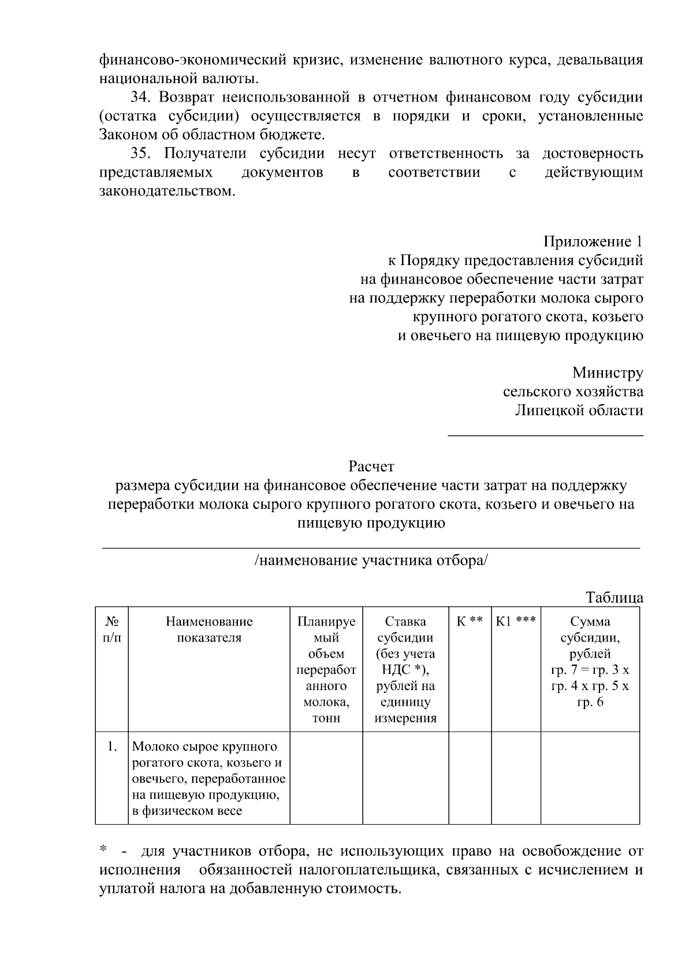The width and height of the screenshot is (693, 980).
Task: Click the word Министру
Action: [608, 373]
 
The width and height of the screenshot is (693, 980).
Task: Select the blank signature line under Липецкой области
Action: [545, 435]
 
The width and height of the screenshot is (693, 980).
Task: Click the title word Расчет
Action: [371, 466]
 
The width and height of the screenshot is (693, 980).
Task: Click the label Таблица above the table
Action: [614, 598]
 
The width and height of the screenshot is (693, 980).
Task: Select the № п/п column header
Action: [112, 630]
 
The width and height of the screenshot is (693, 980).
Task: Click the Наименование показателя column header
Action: [209, 630]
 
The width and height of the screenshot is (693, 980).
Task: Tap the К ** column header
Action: [470, 622]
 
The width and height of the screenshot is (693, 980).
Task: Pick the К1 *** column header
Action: [516, 622]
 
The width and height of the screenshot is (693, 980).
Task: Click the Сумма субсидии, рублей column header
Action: [590, 638]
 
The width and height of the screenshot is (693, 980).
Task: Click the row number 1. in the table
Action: [112, 747]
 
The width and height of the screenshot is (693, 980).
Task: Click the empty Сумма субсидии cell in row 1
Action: [590, 777]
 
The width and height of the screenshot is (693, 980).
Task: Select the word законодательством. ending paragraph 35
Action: [167, 191]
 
